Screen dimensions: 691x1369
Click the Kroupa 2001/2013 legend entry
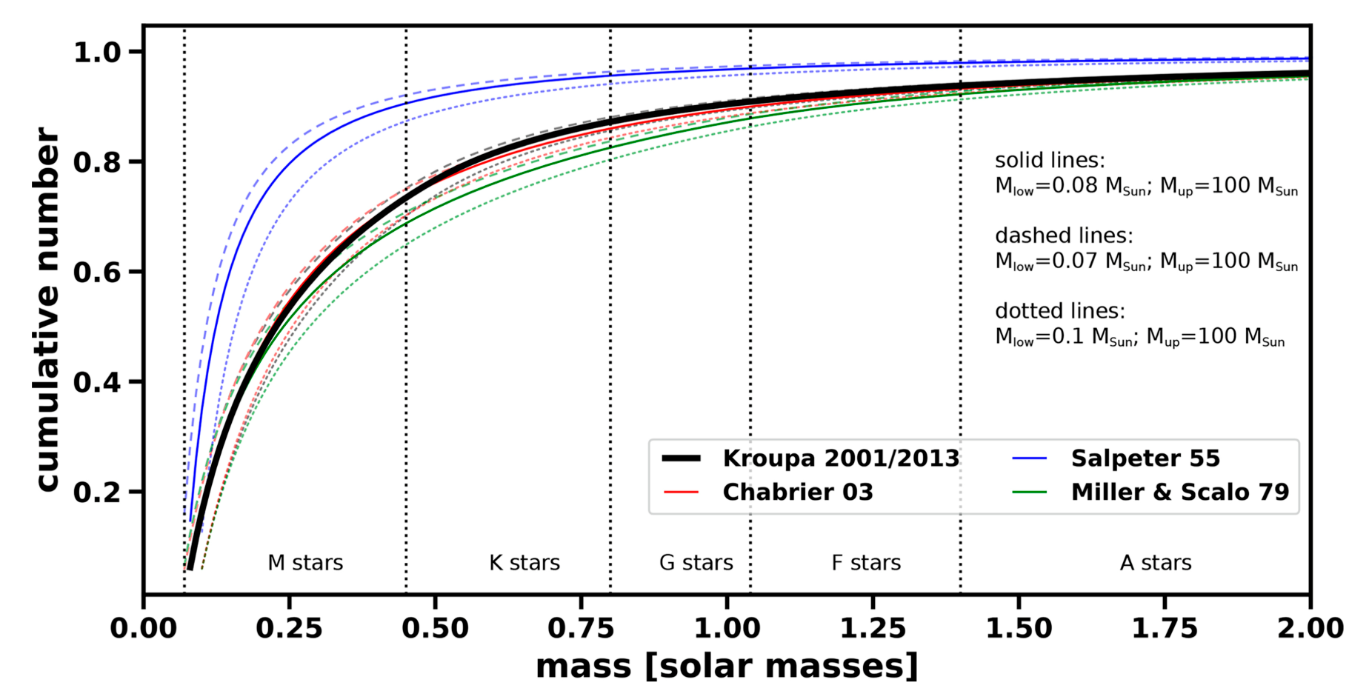(840, 458)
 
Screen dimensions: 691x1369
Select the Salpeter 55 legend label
(1145, 458)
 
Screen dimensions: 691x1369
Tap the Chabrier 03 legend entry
(797, 493)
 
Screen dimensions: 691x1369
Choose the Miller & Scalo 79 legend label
(1179, 493)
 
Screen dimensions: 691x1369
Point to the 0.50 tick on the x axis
(435, 629)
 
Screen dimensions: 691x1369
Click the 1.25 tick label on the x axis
(873, 629)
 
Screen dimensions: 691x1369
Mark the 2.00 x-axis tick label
(1310, 629)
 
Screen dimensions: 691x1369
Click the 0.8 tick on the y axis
(107, 162)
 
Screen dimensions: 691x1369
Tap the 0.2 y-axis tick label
(107, 492)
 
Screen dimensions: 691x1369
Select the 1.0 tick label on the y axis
(107, 53)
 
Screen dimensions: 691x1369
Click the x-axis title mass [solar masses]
(727, 666)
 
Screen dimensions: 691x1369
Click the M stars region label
(305, 563)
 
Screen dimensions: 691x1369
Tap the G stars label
(696, 563)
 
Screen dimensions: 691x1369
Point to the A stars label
(1155, 563)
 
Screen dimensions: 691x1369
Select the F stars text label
(865, 563)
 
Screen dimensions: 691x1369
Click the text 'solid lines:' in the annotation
(1049, 161)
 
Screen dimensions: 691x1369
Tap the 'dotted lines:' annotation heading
(1059, 311)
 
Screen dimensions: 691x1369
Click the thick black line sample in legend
(681, 458)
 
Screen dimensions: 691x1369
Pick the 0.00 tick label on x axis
(144, 629)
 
